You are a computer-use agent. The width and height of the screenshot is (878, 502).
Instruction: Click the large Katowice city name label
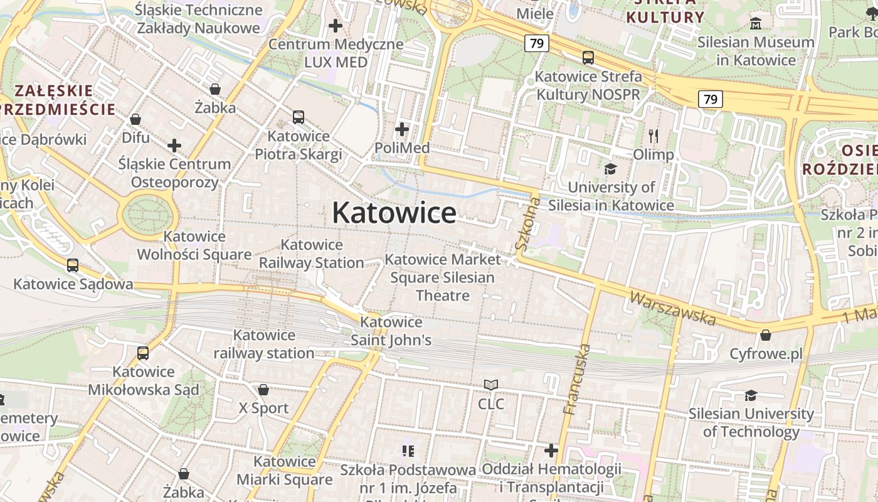click(394, 213)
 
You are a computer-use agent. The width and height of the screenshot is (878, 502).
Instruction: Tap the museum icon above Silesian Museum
click(756, 24)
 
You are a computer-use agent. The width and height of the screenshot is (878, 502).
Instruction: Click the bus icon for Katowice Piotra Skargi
click(299, 117)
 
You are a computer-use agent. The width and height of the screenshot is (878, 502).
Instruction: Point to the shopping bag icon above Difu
click(135, 119)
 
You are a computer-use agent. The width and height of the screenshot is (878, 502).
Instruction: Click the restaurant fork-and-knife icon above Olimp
click(653, 136)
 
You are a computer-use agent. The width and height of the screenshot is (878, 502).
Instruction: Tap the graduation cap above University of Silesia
click(610, 169)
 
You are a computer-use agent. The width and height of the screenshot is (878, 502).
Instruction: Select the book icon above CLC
click(491, 385)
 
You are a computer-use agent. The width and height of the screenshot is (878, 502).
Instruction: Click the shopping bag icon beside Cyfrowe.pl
click(765, 335)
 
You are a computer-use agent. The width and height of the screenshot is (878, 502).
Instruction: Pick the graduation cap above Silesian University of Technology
click(751, 395)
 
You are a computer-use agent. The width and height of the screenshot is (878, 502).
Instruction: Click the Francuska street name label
click(577, 379)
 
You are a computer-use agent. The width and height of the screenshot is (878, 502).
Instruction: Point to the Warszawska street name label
click(672, 308)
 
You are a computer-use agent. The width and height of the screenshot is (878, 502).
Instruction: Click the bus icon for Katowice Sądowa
click(73, 265)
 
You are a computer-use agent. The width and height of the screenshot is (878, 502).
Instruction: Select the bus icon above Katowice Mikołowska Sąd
click(143, 353)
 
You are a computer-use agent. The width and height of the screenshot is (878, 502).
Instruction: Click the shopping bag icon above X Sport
click(263, 390)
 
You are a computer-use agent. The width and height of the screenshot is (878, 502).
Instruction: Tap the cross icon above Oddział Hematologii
click(551, 451)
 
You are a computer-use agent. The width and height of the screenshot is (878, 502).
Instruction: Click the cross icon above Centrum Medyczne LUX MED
click(336, 26)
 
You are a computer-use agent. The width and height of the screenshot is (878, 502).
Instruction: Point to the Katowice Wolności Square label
click(194, 245)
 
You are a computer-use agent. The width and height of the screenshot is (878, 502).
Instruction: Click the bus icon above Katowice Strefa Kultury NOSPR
click(588, 58)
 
